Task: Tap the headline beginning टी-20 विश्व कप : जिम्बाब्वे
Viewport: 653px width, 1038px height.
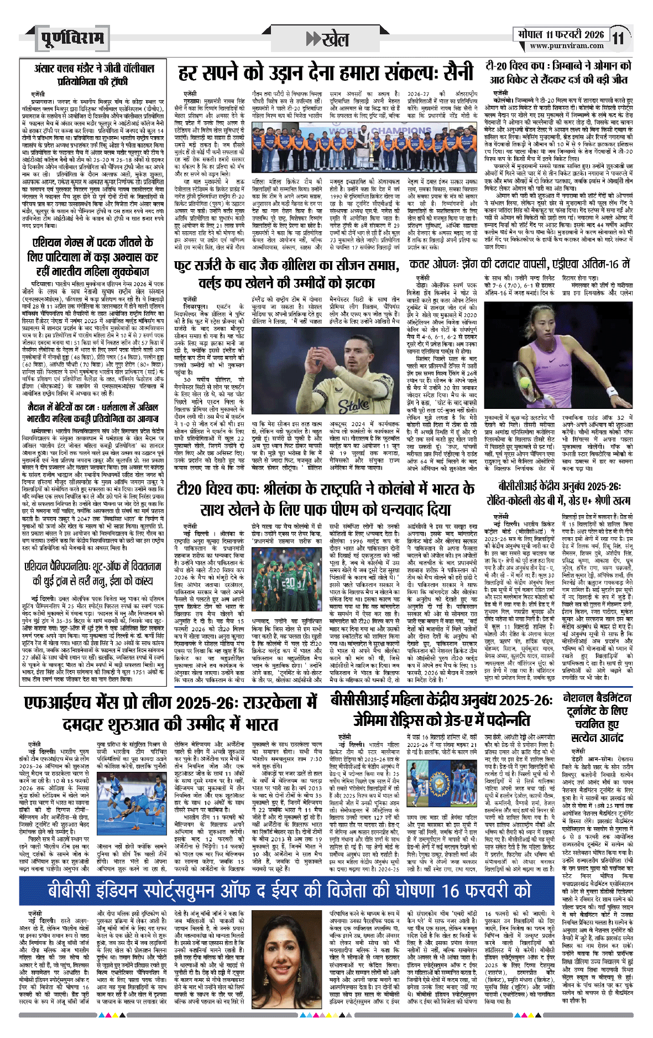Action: pos(558,72)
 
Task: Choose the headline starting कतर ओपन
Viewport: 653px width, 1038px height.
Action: pos(519,264)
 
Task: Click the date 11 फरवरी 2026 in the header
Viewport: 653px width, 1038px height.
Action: pos(561,34)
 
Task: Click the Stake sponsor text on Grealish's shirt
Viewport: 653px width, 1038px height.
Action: pos(354,391)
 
